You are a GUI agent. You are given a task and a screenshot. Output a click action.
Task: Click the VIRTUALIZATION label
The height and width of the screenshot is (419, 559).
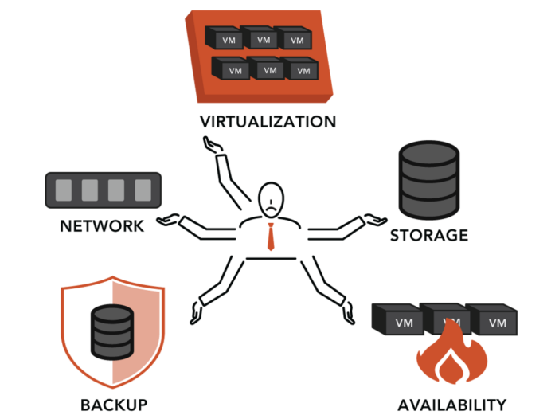point(268,123)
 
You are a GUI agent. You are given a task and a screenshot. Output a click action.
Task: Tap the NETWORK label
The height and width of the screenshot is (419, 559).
point(102,225)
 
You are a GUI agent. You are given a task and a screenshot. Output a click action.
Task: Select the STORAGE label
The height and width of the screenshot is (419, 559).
point(428,236)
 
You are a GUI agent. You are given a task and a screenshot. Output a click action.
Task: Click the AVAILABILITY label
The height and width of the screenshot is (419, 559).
point(452,403)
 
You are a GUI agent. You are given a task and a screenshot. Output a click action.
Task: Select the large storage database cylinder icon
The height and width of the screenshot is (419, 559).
point(428,182)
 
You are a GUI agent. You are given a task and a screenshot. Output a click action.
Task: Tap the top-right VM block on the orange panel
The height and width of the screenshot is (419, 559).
point(295,38)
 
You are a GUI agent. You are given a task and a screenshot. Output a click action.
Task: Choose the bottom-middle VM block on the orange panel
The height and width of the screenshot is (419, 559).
point(269,69)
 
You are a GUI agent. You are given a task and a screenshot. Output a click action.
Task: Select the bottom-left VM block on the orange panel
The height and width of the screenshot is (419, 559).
point(234,69)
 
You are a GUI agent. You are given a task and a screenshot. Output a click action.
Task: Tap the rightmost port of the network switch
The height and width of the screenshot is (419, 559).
point(143,190)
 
